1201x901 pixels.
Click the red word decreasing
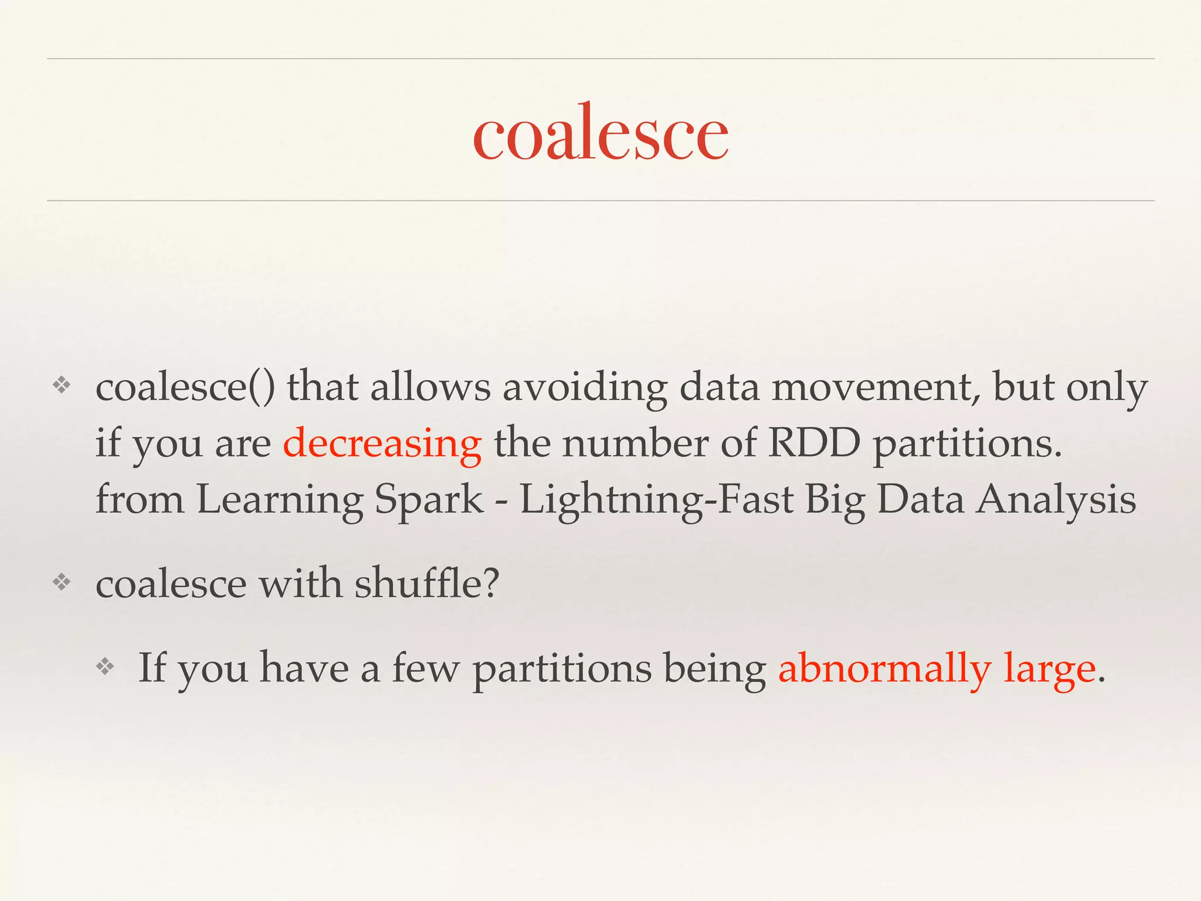(382, 444)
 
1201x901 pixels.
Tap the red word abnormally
(884, 668)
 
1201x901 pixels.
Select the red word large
(1049, 669)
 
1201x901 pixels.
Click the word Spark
(429, 500)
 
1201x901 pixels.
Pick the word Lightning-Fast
(656, 500)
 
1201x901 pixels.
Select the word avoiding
(585, 388)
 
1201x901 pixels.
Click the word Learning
(280, 500)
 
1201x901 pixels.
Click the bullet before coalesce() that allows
(62, 385)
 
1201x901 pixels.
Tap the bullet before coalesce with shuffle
(62, 582)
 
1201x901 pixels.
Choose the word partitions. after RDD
(968, 444)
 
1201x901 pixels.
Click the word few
(425, 668)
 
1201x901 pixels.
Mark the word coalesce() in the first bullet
(185, 388)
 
